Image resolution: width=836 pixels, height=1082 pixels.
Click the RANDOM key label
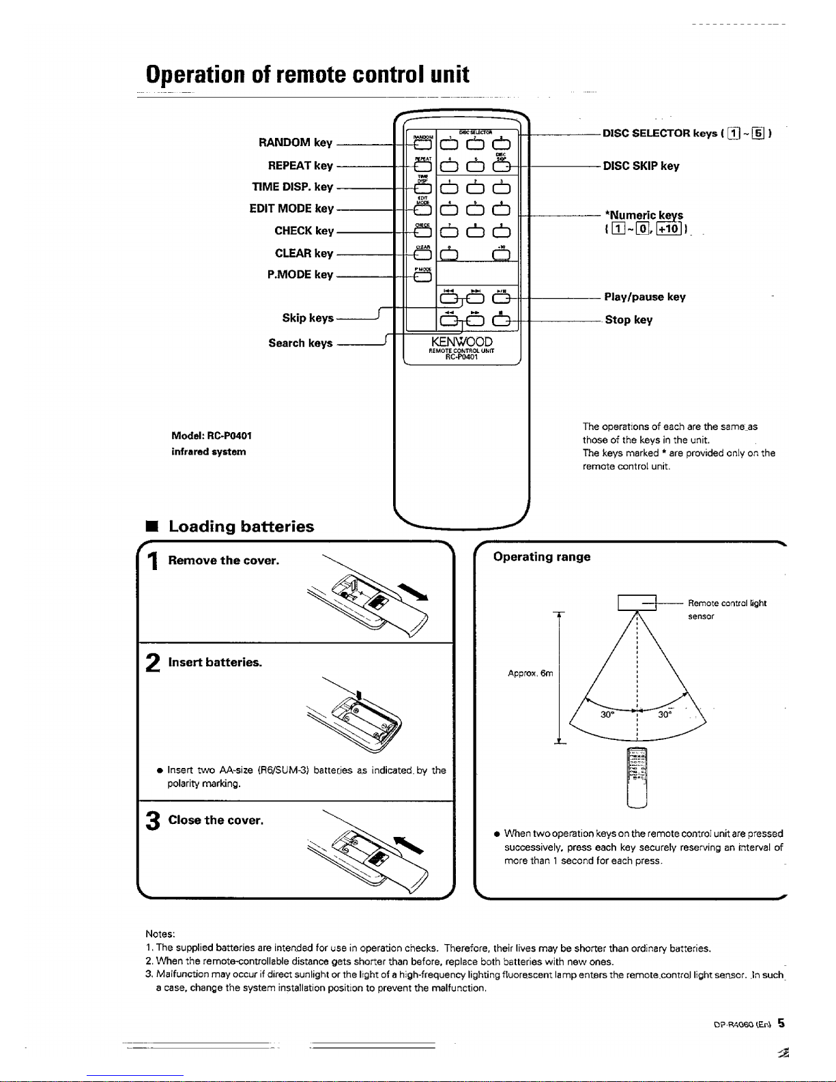click(x=295, y=143)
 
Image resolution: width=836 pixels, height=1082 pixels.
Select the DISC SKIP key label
click(x=641, y=166)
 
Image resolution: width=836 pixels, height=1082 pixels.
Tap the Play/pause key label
click(x=644, y=297)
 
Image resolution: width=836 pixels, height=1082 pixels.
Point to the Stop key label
click(x=629, y=320)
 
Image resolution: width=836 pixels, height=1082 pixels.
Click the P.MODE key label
click(x=300, y=274)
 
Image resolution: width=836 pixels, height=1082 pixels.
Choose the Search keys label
click(x=300, y=343)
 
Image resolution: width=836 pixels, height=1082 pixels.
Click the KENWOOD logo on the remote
click(x=461, y=341)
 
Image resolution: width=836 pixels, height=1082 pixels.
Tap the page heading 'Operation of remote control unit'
click(x=308, y=74)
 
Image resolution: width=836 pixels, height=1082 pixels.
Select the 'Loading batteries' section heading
click(x=241, y=526)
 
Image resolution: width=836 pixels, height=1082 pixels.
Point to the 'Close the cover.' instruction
click(x=216, y=820)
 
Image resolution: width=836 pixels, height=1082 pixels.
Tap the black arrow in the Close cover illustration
click(x=408, y=844)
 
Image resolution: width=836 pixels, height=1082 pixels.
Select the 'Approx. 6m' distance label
click(x=530, y=673)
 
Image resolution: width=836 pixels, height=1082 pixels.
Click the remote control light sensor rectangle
click(x=636, y=603)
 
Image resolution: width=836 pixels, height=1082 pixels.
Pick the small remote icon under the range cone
click(x=636, y=778)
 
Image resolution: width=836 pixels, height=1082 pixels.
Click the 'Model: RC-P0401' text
click(x=212, y=436)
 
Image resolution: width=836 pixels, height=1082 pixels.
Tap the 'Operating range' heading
click(x=542, y=557)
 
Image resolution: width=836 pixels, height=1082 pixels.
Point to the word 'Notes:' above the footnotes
click(x=160, y=933)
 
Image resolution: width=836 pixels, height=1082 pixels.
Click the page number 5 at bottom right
click(x=781, y=1023)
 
